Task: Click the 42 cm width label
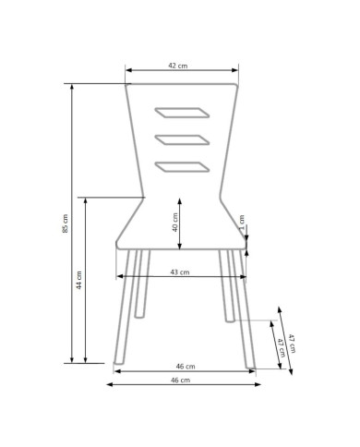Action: (x=177, y=66)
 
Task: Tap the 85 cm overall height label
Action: (x=66, y=223)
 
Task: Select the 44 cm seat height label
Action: (x=79, y=280)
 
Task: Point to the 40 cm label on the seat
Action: (x=175, y=223)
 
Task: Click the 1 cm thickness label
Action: (x=242, y=223)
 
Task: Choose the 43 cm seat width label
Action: (x=180, y=272)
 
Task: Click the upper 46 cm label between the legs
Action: (x=186, y=367)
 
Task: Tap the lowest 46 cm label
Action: (x=180, y=381)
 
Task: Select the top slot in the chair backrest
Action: (x=182, y=113)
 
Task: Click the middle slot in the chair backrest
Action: (x=182, y=139)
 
